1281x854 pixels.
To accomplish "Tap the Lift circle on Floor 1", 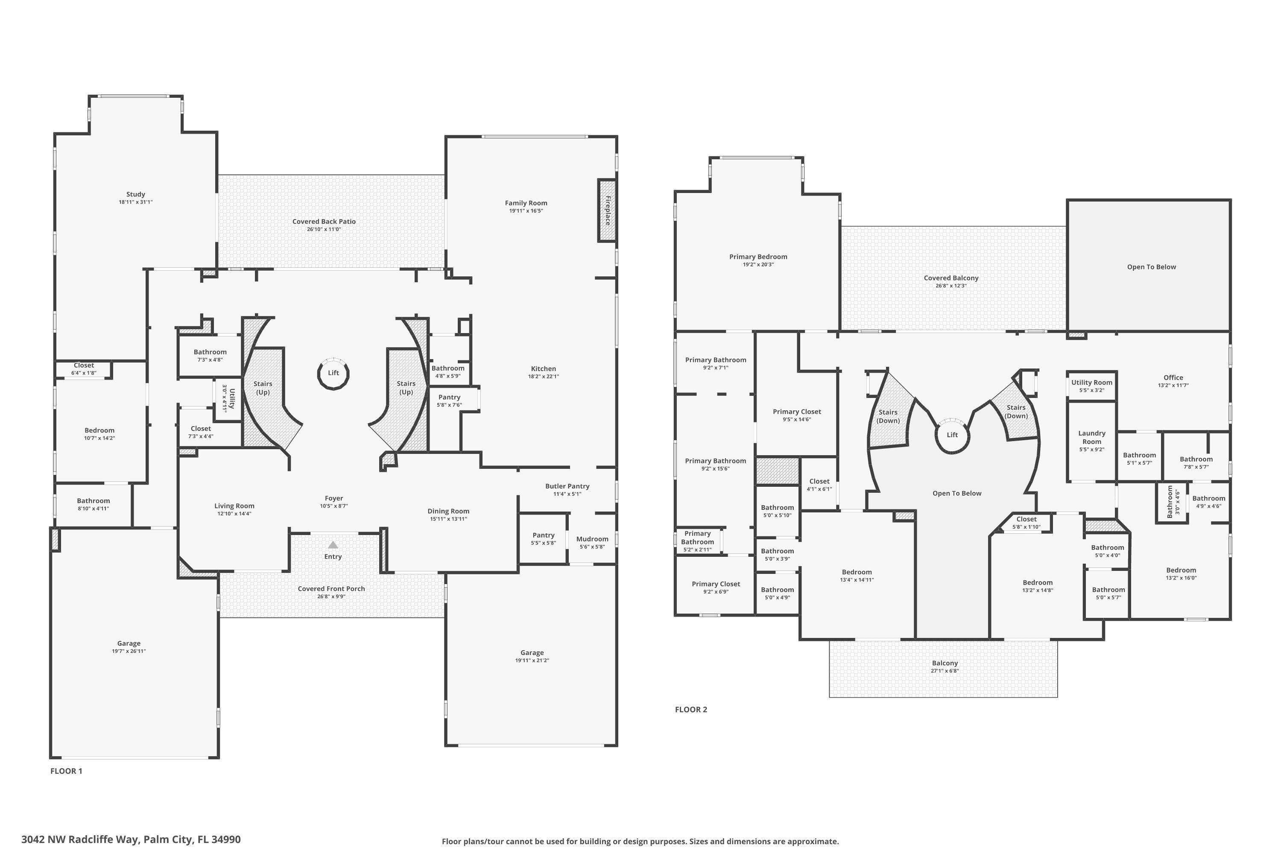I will click(x=333, y=374).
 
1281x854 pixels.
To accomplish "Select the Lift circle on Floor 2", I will click(x=952, y=435).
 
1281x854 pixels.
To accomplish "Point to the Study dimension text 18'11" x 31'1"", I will click(x=136, y=202).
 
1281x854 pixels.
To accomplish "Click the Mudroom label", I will click(x=592, y=539).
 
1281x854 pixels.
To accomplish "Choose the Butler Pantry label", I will click(x=567, y=486).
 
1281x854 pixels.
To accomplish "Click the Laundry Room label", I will click(x=1091, y=437).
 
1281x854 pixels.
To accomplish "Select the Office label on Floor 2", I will click(x=1173, y=377).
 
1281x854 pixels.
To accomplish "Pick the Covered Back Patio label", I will click(x=324, y=222).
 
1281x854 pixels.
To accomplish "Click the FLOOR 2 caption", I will click(x=690, y=710).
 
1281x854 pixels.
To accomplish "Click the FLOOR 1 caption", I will click(x=66, y=771).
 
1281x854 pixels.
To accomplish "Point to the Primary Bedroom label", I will click(x=758, y=257).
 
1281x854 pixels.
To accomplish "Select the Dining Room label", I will click(x=448, y=512).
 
